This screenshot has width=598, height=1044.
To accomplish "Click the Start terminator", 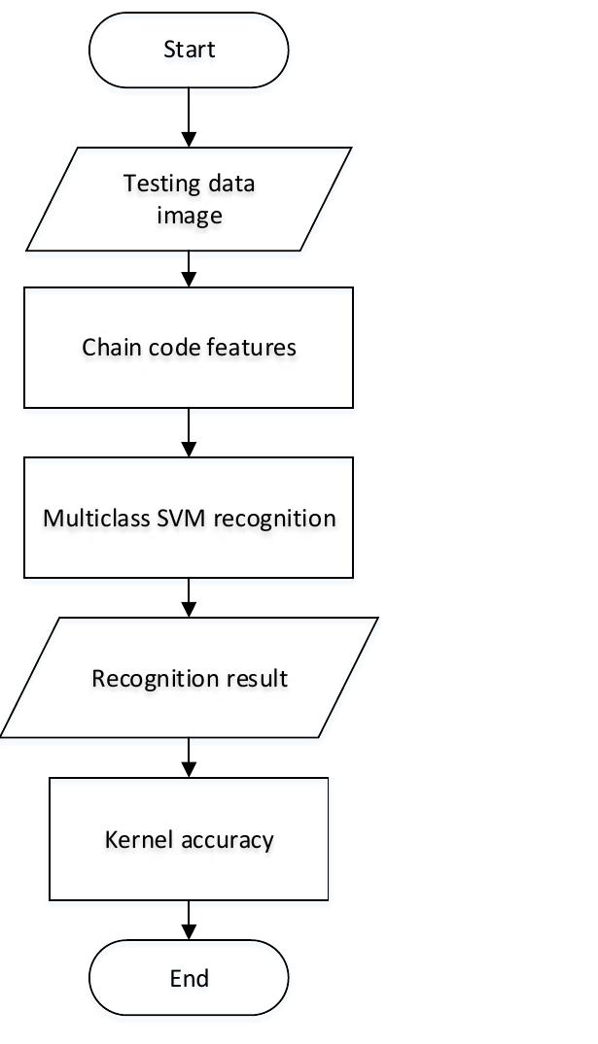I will click(189, 50).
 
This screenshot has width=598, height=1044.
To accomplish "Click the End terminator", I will click(189, 978).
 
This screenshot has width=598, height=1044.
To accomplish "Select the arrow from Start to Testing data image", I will click(189, 117).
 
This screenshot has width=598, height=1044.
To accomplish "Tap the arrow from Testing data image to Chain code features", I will click(189, 269).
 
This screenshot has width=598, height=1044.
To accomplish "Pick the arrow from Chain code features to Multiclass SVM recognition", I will click(189, 431).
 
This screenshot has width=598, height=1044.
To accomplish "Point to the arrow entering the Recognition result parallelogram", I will click(189, 597).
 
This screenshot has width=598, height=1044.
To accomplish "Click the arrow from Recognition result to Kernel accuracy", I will click(189, 758).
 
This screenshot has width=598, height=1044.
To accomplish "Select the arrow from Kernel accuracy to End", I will click(189, 919).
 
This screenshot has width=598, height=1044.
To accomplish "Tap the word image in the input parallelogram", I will click(190, 215).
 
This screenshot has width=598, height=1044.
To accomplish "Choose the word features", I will click(256, 347).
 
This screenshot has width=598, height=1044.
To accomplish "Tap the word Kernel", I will click(135, 838).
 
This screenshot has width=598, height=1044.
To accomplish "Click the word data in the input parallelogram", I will click(236, 184).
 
